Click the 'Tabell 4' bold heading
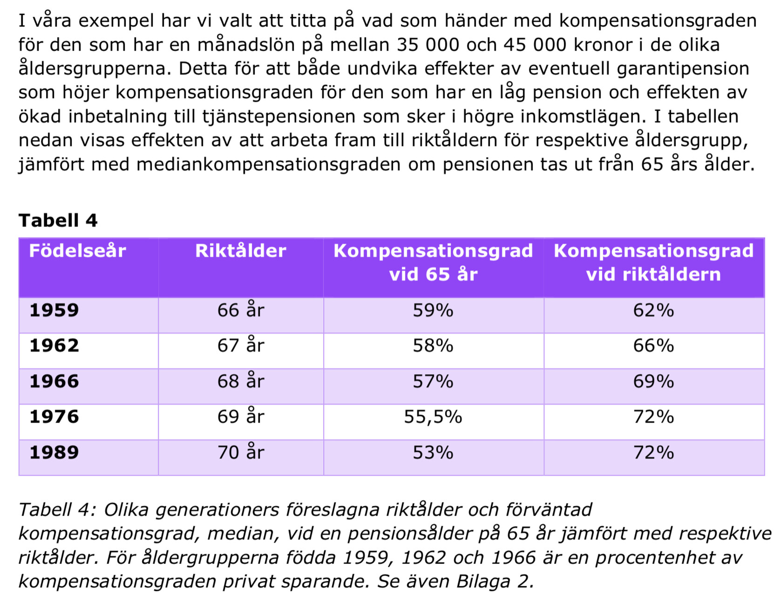click(58, 220)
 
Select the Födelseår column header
click(77, 251)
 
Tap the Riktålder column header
click(240, 251)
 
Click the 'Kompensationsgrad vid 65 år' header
click(433, 262)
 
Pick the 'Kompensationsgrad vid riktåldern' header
click(653, 262)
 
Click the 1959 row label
click(54, 310)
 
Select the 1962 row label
click(54, 346)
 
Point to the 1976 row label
click(54, 417)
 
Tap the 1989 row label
click(54, 452)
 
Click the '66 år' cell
click(240, 310)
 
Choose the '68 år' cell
click(240, 381)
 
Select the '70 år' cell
click(240, 452)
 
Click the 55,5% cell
click(433, 417)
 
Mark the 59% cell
click(433, 310)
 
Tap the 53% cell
click(433, 452)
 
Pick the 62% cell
click(653, 310)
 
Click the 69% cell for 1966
click(653, 381)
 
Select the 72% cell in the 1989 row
click(653, 452)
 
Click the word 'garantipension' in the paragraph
click(683, 69)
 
